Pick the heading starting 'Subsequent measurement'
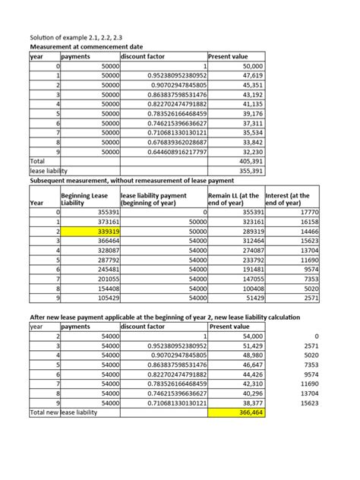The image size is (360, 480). pos(136,182)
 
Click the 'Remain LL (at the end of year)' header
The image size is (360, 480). pos(235,199)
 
